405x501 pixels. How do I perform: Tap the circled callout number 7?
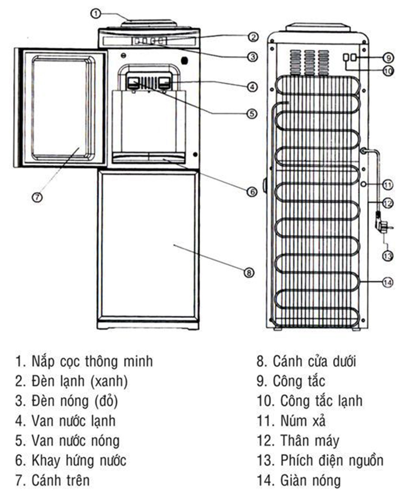point(37,197)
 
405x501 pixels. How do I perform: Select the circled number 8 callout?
point(249,273)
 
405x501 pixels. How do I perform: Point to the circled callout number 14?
point(388,282)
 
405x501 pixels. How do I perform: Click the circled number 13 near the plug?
point(388,256)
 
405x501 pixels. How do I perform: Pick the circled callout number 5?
point(252,114)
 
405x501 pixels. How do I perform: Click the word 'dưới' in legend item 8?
point(344,361)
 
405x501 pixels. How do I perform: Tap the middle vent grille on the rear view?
point(309,62)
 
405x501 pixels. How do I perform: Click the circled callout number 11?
point(388,185)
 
